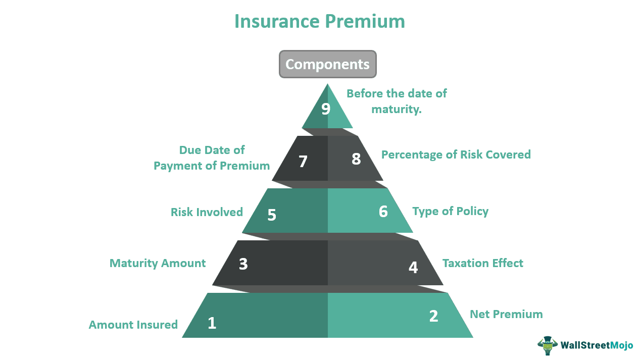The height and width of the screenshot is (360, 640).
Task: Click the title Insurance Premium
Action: [320, 21]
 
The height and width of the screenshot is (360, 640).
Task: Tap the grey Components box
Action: [327, 64]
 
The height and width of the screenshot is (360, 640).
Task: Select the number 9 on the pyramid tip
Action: [326, 109]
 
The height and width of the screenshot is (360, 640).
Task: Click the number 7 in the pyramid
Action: [303, 162]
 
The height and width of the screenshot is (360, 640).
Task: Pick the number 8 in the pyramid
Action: [356, 159]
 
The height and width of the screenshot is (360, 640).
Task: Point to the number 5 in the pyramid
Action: [272, 215]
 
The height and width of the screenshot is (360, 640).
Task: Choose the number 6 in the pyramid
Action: [383, 211]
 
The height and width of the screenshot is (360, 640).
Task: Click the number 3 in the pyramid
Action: [243, 264]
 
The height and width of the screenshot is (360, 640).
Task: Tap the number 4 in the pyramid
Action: [413, 267]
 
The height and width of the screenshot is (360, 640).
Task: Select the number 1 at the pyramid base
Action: [212, 323]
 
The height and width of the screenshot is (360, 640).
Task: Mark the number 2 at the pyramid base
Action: [433, 316]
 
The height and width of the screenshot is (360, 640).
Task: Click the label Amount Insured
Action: [133, 325]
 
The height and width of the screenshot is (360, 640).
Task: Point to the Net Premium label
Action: [506, 314]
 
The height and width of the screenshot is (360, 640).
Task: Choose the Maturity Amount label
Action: [158, 263]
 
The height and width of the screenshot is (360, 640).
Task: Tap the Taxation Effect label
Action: [483, 263]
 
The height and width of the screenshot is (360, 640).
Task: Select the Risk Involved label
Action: [207, 212]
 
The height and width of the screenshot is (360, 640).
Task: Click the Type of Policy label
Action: [451, 211]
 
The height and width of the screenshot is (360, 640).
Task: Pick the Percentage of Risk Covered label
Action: [456, 155]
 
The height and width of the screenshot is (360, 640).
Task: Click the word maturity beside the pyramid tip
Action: [396, 109]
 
